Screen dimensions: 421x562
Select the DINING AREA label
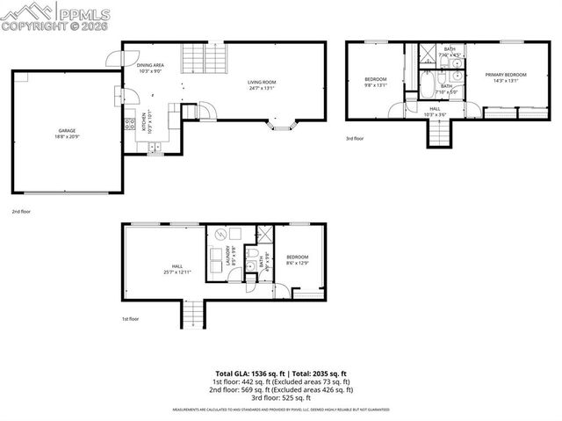click(x=149, y=68)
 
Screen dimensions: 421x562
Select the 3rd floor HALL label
click(x=435, y=112)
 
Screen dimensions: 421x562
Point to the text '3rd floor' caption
click(x=354, y=138)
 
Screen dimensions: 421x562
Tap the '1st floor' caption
click(x=130, y=319)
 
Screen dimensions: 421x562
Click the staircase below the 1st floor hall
click(x=192, y=314)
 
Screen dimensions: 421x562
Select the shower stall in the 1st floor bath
click(x=262, y=236)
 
